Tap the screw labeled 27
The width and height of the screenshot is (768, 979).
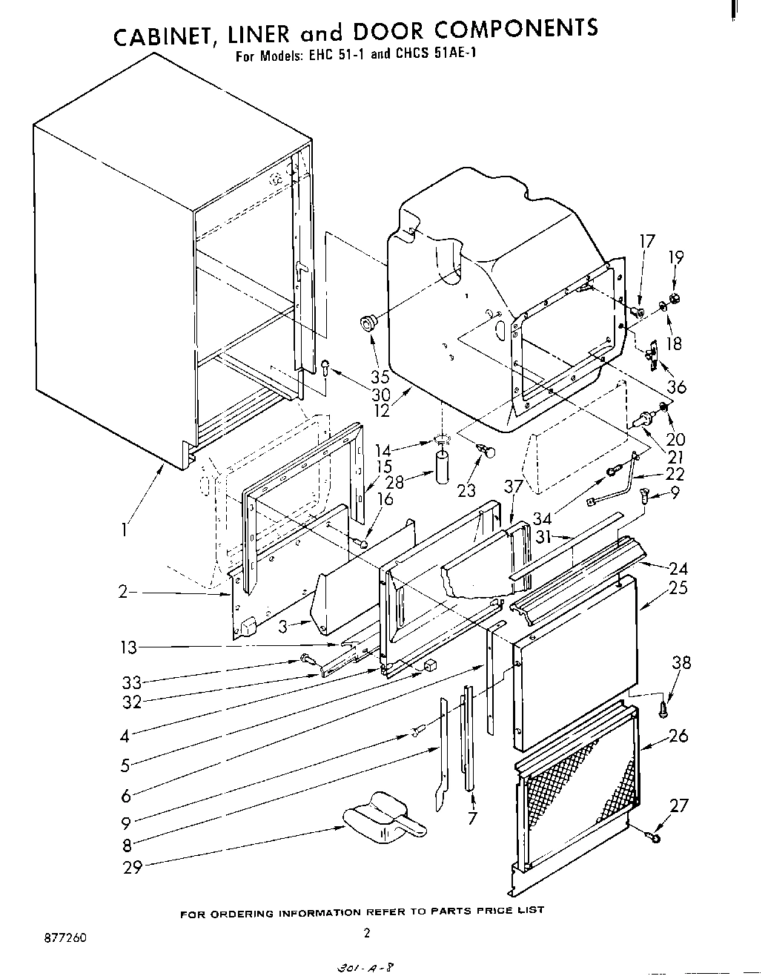(654, 837)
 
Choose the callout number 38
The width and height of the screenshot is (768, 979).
(681, 662)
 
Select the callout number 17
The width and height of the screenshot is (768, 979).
(647, 240)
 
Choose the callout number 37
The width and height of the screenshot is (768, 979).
(513, 487)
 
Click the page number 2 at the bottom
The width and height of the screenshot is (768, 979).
(365, 933)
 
